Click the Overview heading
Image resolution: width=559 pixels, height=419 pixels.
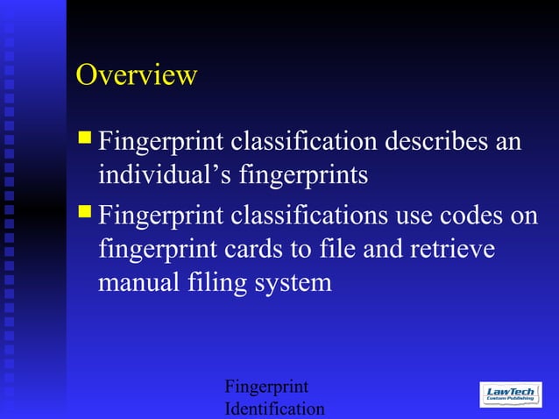[x=136, y=75]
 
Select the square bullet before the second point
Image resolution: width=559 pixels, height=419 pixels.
[x=85, y=210]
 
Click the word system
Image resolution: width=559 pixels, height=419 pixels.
[x=296, y=284]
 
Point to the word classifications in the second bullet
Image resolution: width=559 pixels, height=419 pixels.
[x=308, y=214]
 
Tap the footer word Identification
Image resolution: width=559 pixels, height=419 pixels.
[x=274, y=409]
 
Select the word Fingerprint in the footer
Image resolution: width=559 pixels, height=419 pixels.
[x=266, y=387]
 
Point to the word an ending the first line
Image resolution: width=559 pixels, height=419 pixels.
[x=509, y=140]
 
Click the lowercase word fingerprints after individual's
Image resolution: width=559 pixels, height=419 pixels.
[x=301, y=175]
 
